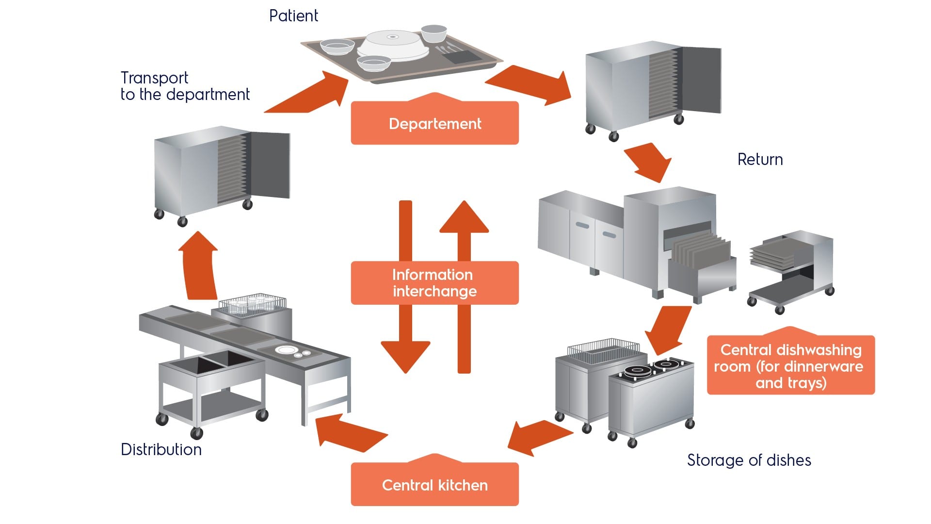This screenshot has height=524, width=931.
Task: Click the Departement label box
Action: pyautogui.click(x=434, y=123)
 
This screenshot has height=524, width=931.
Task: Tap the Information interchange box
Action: pyautogui.click(x=434, y=283)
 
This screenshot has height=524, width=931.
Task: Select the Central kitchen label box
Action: pyautogui.click(x=434, y=485)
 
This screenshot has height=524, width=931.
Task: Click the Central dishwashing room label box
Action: pyautogui.click(x=790, y=366)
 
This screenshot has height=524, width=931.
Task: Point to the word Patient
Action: pyautogui.click(x=293, y=16)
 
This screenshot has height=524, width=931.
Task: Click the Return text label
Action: pyautogui.click(x=760, y=160)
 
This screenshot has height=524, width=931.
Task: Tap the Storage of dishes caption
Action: pyautogui.click(x=749, y=460)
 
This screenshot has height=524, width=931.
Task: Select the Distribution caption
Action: pyautogui.click(x=161, y=449)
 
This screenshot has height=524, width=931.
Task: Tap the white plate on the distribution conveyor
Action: pyautogui.click(x=286, y=350)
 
